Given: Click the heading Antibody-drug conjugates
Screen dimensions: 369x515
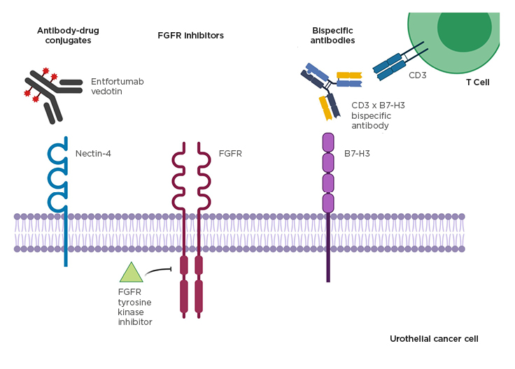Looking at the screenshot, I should (x=64, y=35).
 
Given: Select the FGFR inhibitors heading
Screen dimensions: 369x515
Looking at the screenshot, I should (x=190, y=35).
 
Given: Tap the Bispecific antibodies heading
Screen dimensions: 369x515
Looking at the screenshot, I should (x=333, y=35).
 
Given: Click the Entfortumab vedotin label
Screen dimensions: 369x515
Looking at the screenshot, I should (x=117, y=87).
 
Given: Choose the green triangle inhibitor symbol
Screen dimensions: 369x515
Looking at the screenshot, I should (x=131, y=273).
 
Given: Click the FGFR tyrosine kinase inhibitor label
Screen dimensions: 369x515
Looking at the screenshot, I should (x=135, y=307).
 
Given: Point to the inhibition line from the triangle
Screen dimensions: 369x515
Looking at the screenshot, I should (x=161, y=270).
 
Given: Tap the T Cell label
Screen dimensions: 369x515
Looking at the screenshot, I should (x=477, y=82).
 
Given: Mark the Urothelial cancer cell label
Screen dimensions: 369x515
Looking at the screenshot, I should (x=434, y=338).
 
